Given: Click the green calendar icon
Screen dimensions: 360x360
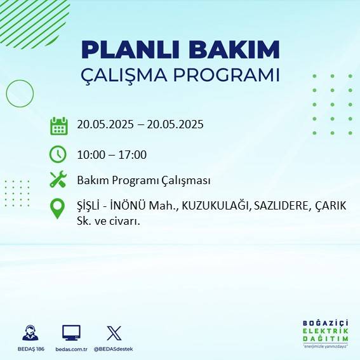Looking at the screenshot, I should pos(58,125).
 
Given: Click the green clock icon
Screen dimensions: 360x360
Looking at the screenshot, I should pos(58,154).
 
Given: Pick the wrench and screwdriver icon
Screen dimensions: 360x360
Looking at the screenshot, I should pos(58,180).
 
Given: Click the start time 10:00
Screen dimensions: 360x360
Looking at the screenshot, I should pos(90,154).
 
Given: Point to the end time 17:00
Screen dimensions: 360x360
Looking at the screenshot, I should pos(133,154).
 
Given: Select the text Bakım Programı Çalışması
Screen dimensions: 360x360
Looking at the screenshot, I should pos(143,181).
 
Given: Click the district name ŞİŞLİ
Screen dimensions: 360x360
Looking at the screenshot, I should pos(89,206).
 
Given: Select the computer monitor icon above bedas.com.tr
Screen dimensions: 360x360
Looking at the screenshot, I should pos(71,333).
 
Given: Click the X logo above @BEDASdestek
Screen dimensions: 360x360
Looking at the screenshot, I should pos(114,333).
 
